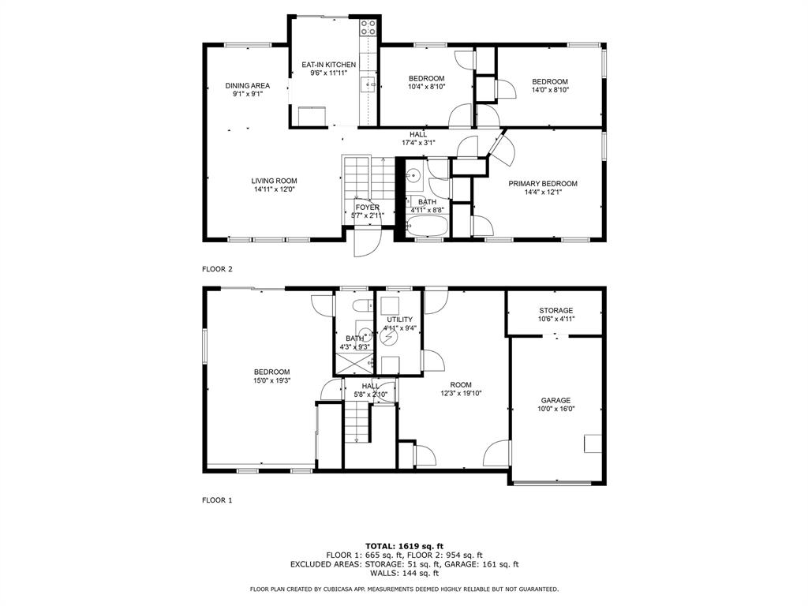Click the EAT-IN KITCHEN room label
[328, 65]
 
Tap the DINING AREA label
[247, 85]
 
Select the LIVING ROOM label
[275, 181]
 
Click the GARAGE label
[556, 400]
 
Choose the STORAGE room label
[556, 310]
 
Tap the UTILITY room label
[399, 320]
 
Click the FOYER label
[367, 208]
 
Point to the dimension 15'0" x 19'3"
[271, 380]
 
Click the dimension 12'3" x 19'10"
[461, 393]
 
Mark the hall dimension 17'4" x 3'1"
[418, 143]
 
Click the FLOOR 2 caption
[217, 269]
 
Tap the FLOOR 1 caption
[217, 499]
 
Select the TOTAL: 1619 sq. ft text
[404, 546]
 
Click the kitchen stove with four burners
[368, 28]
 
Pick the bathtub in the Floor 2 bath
[427, 227]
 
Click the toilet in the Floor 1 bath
[361, 306]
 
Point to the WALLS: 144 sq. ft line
[404, 574]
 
